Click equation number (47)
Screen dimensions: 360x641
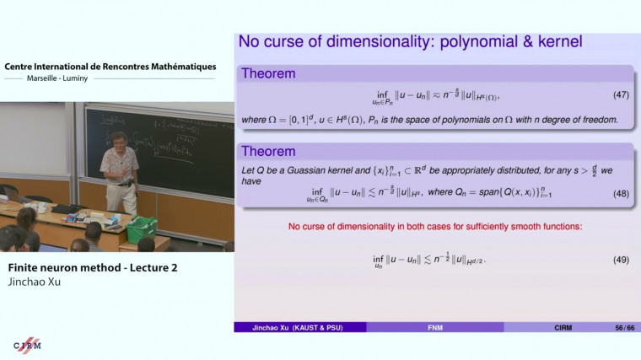(621, 94)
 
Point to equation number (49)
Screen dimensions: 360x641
(621, 259)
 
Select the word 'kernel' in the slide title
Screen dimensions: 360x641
(554, 40)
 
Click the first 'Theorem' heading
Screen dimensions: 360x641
(269, 73)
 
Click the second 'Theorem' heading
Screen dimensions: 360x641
(269, 152)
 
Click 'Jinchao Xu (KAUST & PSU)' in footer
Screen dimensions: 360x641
(299, 327)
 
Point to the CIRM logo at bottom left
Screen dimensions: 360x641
(28, 344)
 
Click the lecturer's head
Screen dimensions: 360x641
(120, 139)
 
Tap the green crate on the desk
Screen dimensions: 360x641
(142, 228)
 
